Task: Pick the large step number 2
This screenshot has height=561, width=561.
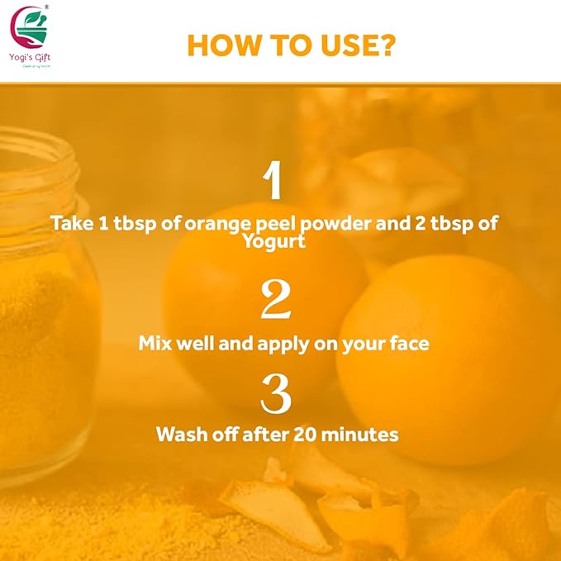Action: click(x=275, y=301)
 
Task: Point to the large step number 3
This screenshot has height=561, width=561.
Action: click(x=275, y=397)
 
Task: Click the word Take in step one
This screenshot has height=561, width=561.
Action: click(x=71, y=224)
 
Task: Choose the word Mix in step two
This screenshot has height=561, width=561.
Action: click(x=156, y=343)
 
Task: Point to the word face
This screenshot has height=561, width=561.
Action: click(x=406, y=343)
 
